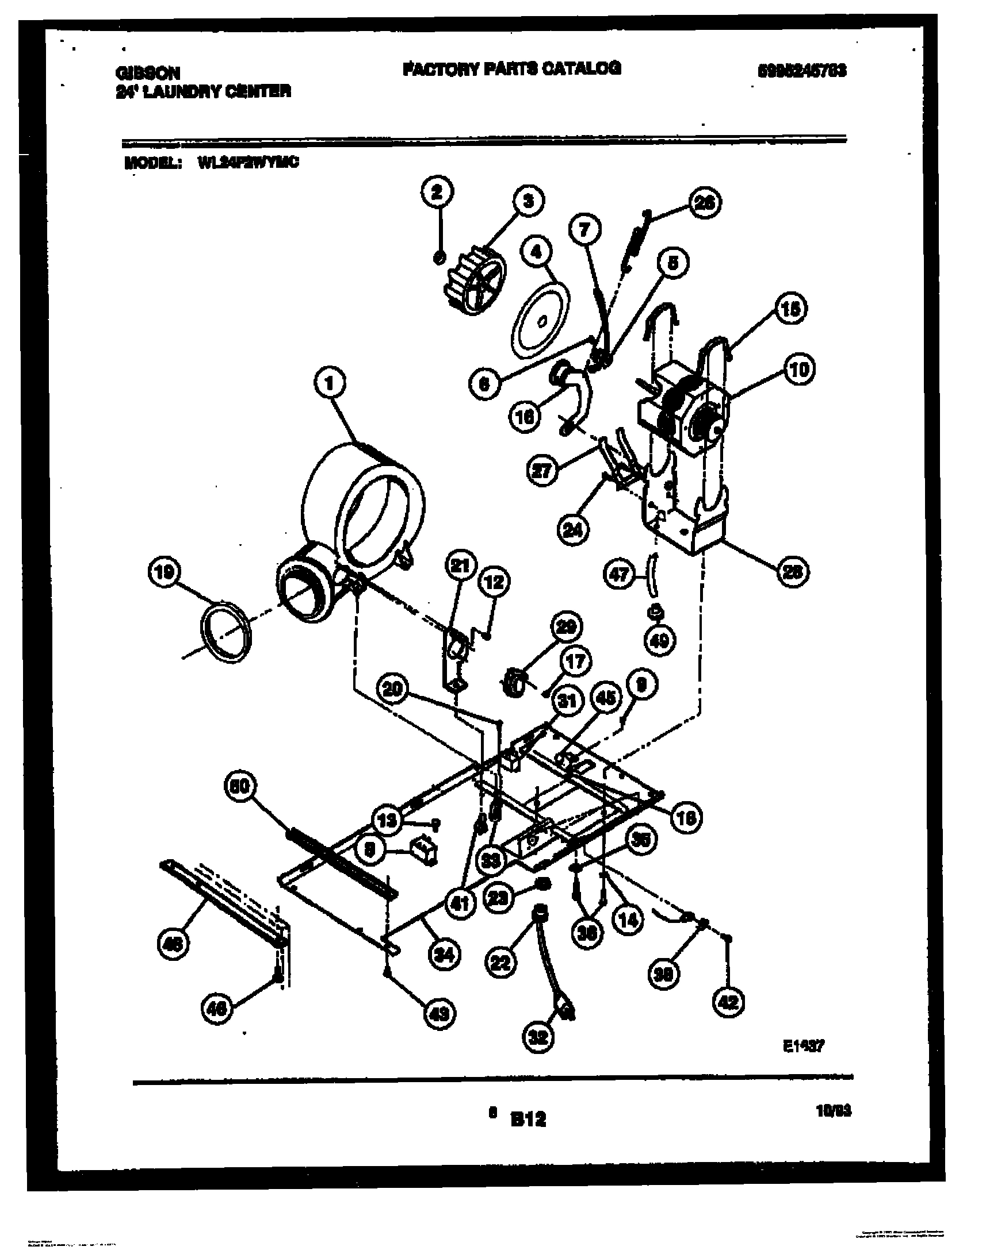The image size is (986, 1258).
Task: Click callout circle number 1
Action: [330, 383]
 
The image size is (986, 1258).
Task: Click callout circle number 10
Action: [799, 368]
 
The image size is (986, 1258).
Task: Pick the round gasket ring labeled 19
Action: [226, 632]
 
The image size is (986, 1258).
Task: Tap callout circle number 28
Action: [792, 572]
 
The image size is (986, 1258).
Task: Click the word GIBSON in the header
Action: [148, 73]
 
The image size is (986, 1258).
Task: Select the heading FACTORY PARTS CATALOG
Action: [511, 68]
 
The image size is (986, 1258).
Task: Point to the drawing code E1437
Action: [803, 1046]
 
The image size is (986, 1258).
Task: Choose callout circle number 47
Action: [620, 575]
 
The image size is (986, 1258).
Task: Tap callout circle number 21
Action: [460, 566]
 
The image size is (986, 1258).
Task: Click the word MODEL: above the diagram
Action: [152, 163]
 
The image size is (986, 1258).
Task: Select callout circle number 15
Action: [790, 309]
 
